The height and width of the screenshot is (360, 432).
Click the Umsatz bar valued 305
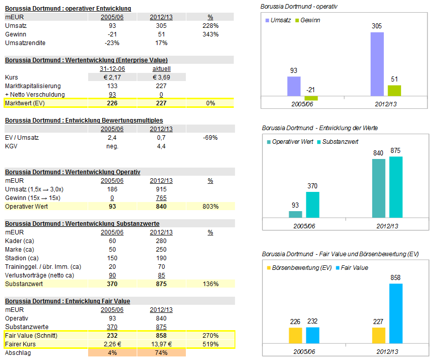(x=377, y=64)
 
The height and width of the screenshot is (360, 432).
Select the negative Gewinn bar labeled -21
(x=311, y=98)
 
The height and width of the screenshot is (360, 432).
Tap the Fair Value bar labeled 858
(x=396, y=313)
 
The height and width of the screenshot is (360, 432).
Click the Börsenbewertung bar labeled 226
(x=295, y=335)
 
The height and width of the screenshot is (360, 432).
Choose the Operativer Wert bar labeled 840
(x=379, y=188)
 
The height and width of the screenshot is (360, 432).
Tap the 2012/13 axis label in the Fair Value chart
(x=387, y=350)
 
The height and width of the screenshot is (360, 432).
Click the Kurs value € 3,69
(x=162, y=77)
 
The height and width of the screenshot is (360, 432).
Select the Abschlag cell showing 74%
(x=162, y=353)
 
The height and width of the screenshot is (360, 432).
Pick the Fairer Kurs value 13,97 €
(x=162, y=344)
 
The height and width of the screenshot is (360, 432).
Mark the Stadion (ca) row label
(x=20, y=258)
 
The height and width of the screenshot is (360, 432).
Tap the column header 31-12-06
(x=112, y=68)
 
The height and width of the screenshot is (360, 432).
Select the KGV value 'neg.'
(x=112, y=146)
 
